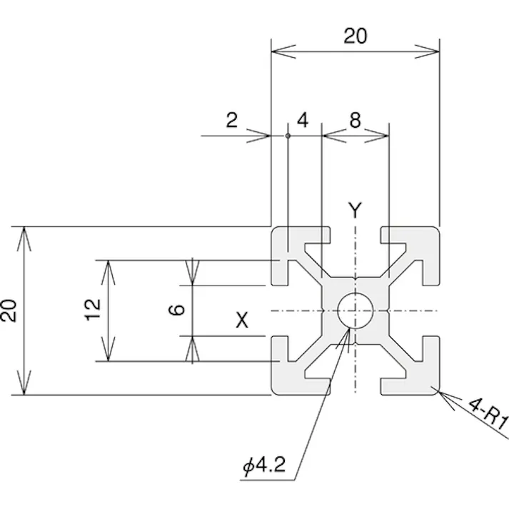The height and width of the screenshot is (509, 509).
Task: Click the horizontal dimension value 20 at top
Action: coord(355,36)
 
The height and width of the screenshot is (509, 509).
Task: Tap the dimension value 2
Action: coord(231,120)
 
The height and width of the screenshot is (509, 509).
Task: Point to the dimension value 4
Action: coord(303,120)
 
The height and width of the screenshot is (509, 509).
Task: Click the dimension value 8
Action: coord(354,120)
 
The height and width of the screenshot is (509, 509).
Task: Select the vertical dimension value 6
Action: coord(178,309)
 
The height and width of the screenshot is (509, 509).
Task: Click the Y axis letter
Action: coord(355,210)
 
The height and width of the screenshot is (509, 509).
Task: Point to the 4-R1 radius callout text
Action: coord(487,413)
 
